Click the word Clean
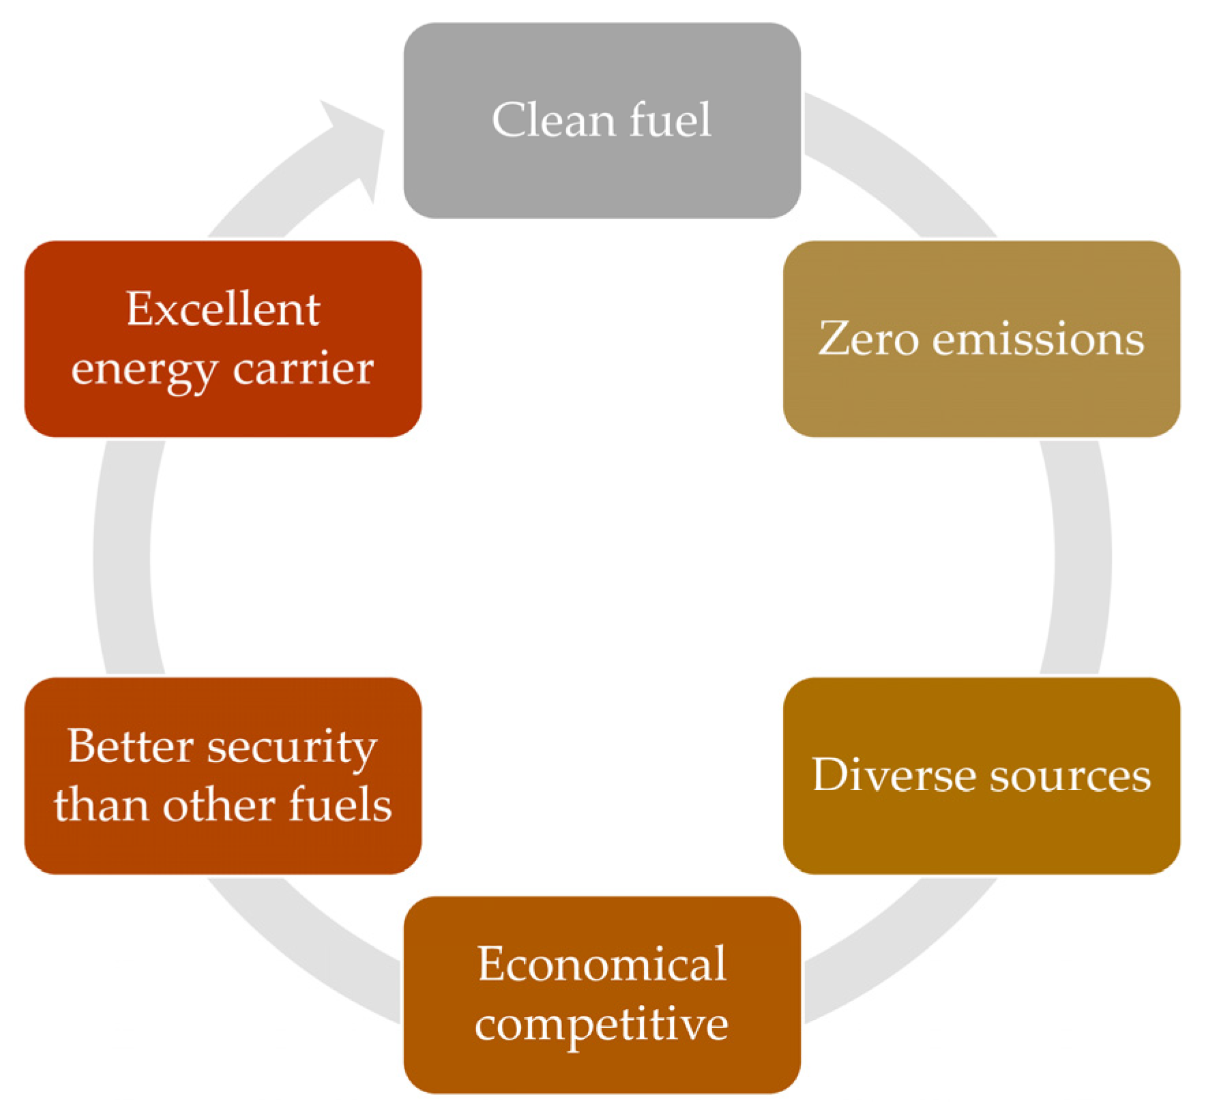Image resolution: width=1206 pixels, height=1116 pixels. click(553, 120)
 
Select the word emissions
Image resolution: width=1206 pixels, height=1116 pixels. click(1038, 340)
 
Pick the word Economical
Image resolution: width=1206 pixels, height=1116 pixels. click(602, 964)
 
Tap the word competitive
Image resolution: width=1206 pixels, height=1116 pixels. click(602, 1024)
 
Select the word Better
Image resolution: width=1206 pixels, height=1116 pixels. click(130, 746)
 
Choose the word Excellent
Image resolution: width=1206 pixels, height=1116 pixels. click(222, 309)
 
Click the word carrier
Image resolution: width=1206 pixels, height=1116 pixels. click(303, 370)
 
